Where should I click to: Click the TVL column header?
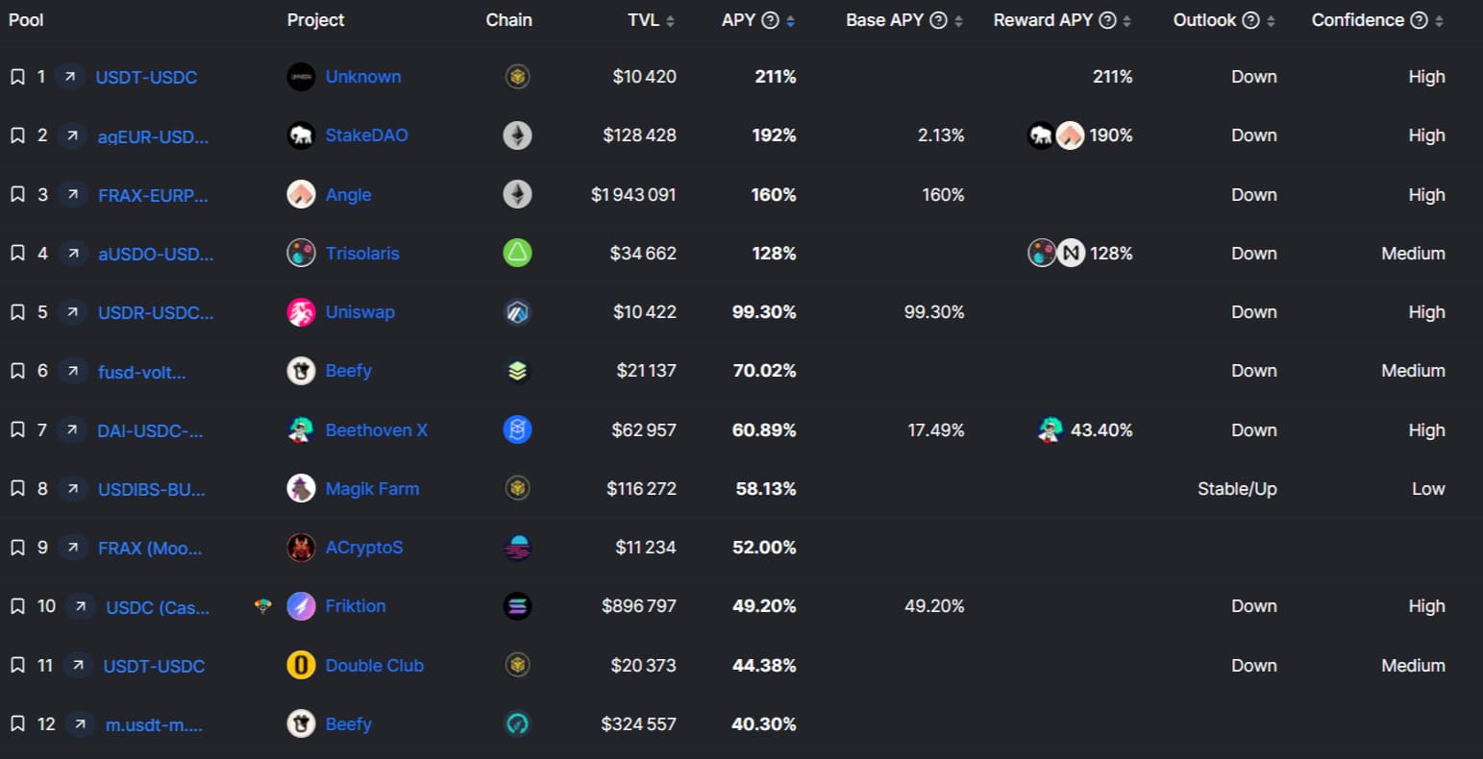643,20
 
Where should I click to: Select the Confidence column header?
1357,20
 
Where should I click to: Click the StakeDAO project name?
366,135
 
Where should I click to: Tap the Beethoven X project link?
376,430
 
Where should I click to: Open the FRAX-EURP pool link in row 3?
153,195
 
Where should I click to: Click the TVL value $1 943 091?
633,195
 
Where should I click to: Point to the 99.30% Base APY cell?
934,312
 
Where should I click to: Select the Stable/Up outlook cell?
1237,489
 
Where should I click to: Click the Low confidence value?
1428,489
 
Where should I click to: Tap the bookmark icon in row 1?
17,77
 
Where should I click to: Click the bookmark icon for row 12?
17,724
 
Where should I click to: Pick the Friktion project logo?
301,606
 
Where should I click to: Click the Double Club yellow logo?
301,665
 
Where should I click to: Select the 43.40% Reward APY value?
1101,430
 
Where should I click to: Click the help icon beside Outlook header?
1250,20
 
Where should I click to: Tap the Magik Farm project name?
372,489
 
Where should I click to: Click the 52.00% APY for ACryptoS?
764,548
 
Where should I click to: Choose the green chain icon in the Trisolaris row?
517,254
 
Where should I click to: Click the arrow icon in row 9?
72,548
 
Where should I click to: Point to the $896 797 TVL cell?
639,606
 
